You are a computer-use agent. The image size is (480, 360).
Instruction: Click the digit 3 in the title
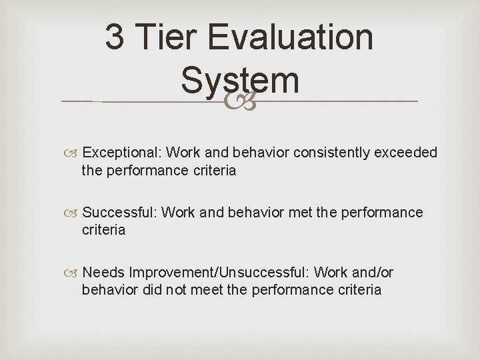click(x=115, y=37)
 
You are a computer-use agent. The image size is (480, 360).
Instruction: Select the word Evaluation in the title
click(x=291, y=37)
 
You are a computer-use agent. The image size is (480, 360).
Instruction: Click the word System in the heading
click(x=240, y=80)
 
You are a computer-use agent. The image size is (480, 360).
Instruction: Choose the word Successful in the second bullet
click(x=119, y=213)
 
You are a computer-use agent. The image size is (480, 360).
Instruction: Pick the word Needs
click(x=104, y=273)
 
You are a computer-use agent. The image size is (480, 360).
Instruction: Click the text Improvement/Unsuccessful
click(x=219, y=273)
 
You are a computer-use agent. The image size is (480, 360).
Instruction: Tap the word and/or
click(x=373, y=273)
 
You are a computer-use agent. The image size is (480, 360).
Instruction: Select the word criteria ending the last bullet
click(x=358, y=290)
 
